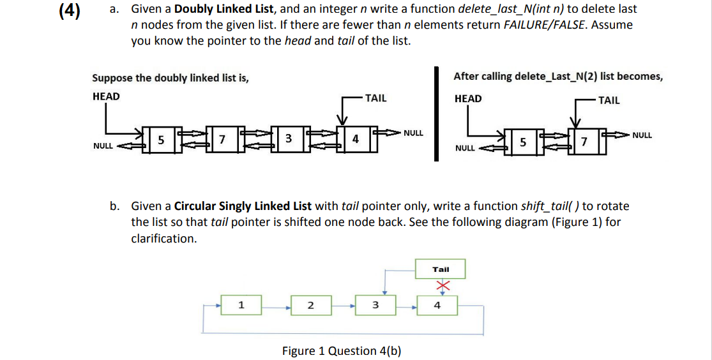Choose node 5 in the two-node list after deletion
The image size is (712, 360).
click(523, 142)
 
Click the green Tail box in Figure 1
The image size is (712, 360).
click(441, 269)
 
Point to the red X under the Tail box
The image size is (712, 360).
click(440, 285)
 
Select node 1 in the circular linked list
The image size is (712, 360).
click(240, 305)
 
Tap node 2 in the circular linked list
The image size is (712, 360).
click(310, 305)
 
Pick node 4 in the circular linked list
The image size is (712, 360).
click(437, 305)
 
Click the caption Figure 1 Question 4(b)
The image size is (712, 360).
click(342, 350)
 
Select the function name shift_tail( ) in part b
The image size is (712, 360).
click(550, 206)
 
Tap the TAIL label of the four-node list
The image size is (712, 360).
click(375, 98)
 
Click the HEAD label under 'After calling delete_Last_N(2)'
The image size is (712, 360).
click(468, 98)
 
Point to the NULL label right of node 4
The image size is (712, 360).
click(413, 133)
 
